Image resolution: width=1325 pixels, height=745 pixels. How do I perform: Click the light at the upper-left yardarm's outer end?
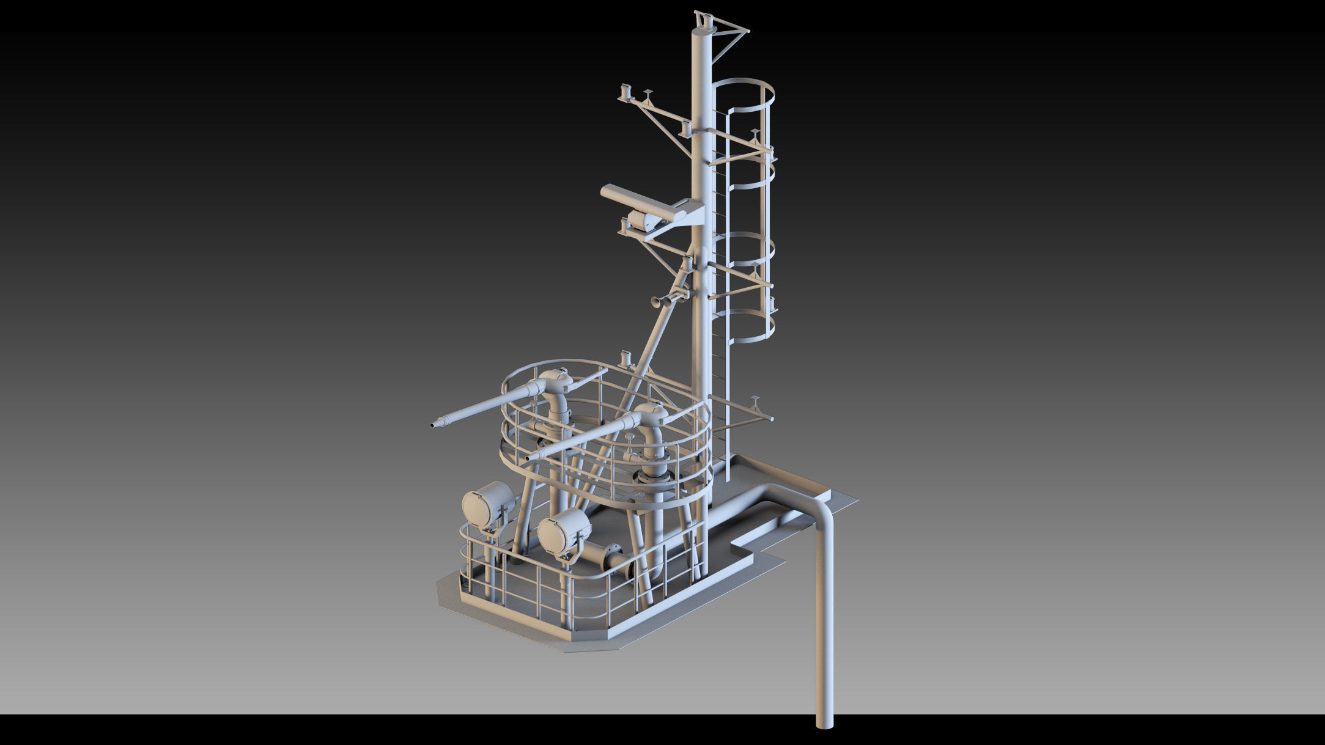[626, 92]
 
